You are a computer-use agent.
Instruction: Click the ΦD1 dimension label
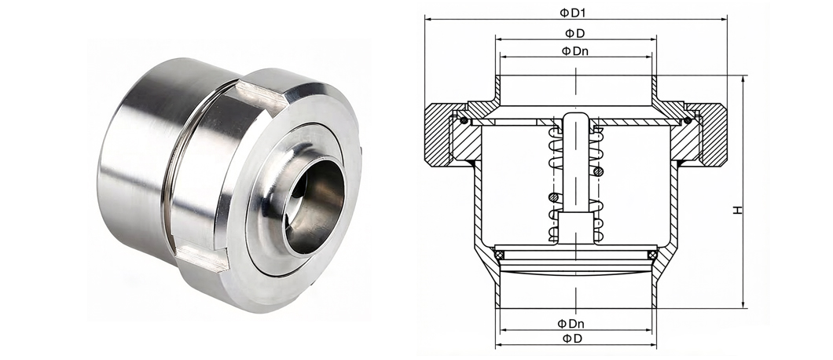(x=576, y=13)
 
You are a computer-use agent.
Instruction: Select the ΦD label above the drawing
(x=574, y=33)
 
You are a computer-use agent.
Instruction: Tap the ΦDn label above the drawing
(x=574, y=51)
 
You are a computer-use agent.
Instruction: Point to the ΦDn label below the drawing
(x=571, y=323)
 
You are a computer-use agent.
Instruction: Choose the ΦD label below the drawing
(x=571, y=338)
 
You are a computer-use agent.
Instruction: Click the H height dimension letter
(x=737, y=210)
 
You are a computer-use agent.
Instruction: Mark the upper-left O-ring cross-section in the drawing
(x=464, y=120)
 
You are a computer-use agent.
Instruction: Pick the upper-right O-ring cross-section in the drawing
(x=688, y=120)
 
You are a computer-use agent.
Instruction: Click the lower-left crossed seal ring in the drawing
(x=499, y=255)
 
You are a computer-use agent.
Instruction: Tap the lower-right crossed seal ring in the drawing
(x=652, y=255)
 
